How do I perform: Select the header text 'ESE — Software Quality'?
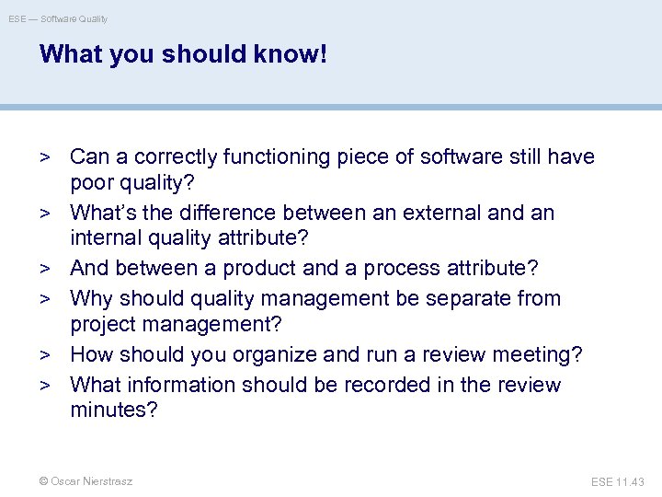pyautogui.click(x=58, y=18)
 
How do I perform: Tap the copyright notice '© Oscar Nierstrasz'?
pyautogui.click(x=86, y=481)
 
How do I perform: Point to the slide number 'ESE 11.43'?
pyautogui.click(x=619, y=481)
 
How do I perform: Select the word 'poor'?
pyautogui.click(x=93, y=183)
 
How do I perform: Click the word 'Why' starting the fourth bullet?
pyautogui.click(x=91, y=298)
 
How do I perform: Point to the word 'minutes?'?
pyautogui.click(x=114, y=410)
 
